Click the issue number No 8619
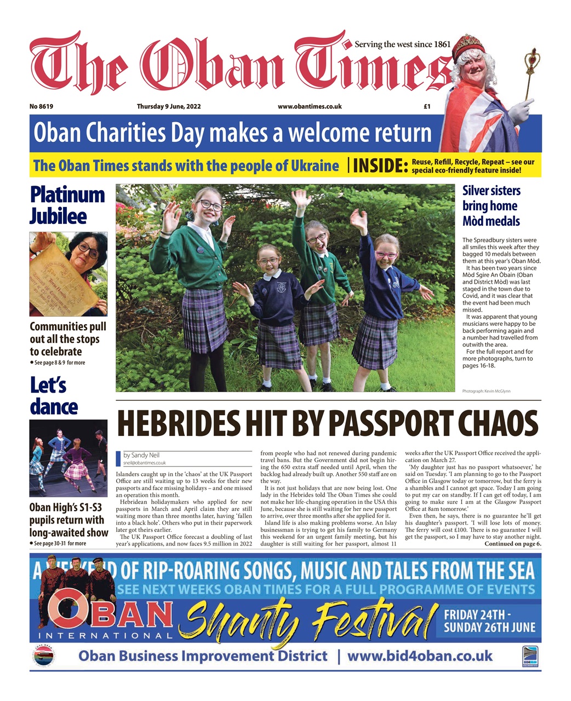(x=45, y=107)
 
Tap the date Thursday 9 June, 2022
(x=169, y=107)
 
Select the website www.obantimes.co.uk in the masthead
(x=310, y=107)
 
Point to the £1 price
(x=427, y=107)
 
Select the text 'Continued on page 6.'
(x=512, y=544)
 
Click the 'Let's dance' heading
(x=54, y=396)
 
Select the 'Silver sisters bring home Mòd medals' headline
(x=491, y=206)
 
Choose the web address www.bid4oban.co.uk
(x=420, y=656)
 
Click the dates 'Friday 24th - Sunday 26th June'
(x=489, y=621)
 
